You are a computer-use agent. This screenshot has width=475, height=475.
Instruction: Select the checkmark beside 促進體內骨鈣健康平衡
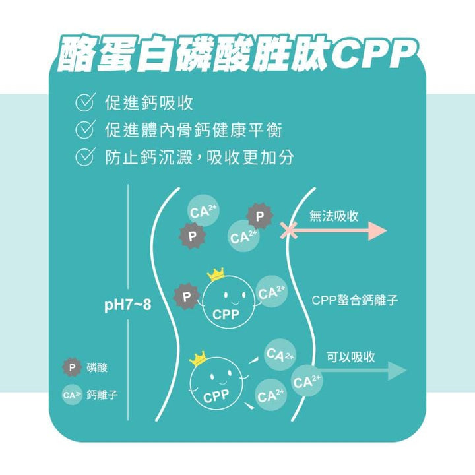(84, 130)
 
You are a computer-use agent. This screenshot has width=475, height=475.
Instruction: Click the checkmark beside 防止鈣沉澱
(84, 157)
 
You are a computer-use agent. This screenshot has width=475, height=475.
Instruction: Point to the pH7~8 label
(128, 305)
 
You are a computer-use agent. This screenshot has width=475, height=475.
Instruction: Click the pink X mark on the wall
(288, 231)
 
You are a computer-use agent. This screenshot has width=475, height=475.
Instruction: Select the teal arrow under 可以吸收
(363, 370)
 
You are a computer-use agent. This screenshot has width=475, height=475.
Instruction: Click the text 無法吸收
(334, 216)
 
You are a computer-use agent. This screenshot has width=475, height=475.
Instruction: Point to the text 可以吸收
(351, 356)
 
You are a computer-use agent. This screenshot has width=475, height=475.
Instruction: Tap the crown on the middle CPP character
(216, 274)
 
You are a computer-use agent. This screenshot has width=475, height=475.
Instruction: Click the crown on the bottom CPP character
(198, 358)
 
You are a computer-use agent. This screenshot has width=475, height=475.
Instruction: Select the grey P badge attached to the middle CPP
(187, 298)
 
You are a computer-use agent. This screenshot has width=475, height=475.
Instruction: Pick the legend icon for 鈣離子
(72, 395)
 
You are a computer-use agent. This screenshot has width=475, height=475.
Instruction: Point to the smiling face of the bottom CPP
(216, 379)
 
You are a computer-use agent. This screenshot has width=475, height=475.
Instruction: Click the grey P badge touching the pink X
(260, 216)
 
